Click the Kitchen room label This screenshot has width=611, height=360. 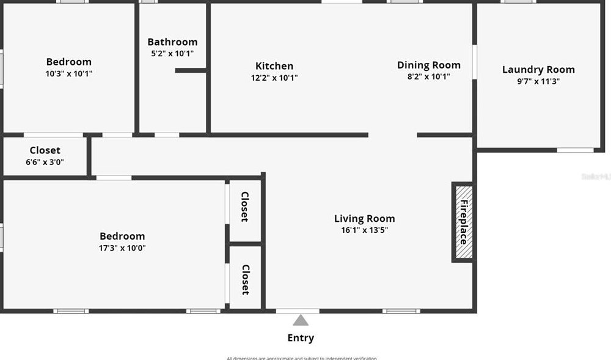(x=274, y=66)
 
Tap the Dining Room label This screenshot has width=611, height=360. (x=428, y=65)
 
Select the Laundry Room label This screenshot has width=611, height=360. (x=538, y=70)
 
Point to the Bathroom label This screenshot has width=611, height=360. (x=172, y=42)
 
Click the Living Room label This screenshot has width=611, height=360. (x=364, y=218)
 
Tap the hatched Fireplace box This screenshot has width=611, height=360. (x=463, y=222)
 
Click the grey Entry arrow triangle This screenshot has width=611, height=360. (x=300, y=320)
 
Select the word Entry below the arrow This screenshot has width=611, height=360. (x=301, y=338)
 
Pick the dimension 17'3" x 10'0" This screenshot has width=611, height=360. (x=123, y=248)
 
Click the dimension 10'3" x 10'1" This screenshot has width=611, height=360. (x=69, y=73)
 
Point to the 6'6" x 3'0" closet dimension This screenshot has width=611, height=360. (x=45, y=162)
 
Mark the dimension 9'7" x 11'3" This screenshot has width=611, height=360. (x=538, y=81)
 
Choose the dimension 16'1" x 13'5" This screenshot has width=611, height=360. (x=364, y=230)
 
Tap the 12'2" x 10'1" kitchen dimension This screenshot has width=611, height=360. (x=274, y=78)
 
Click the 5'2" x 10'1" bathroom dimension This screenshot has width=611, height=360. (x=172, y=53)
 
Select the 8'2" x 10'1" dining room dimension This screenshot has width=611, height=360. (x=428, y=76)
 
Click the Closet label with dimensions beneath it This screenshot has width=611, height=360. (x=45, y=150)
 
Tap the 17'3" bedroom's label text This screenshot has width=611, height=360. (x=123, y=236)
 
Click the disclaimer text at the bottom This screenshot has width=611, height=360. (x=302, y=358)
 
